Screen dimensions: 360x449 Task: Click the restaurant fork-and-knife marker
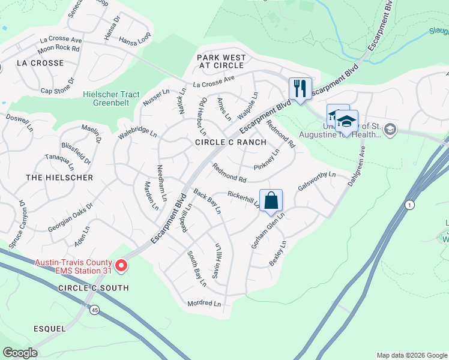pos(298,88)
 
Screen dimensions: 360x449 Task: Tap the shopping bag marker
pos(271,200)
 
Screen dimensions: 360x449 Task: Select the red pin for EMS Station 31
pos(121,265)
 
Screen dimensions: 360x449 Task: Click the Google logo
pos(20,353)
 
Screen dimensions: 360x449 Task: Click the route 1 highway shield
pos(411,205)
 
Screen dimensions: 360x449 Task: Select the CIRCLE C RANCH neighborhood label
pos(231,142)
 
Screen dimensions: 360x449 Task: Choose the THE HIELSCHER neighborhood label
pos(59,178)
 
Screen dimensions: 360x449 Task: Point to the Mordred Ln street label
pos(204,304)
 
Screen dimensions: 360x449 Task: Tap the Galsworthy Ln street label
pos(316,180)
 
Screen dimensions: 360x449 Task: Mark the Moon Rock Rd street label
pos(59,48)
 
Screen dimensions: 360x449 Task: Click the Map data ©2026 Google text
pos(412,355)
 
